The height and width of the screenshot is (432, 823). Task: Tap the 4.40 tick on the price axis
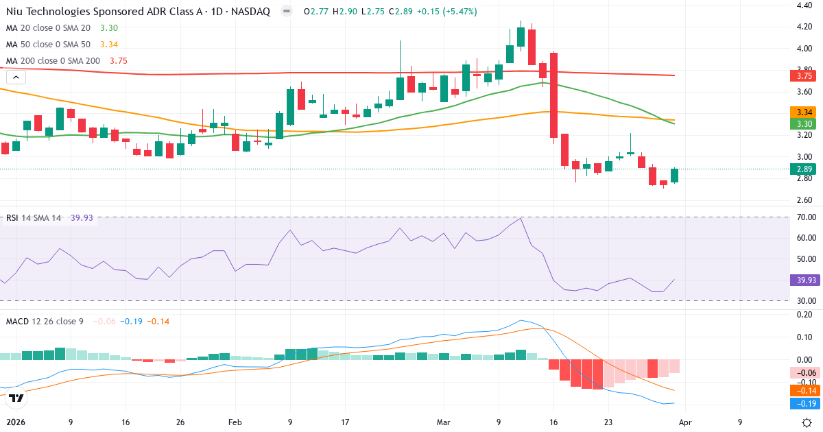(804, 5)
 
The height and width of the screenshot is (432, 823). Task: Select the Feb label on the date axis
(235, 423)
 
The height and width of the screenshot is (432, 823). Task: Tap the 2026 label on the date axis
(14, 423)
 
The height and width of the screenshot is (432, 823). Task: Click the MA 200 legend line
(67, 60)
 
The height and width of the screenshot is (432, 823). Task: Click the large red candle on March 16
(553, 95)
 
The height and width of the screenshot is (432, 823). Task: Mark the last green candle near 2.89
(674, 176)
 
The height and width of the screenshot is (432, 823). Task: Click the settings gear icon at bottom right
(807, 422)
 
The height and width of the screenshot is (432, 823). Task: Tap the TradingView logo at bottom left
(17, 398)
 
